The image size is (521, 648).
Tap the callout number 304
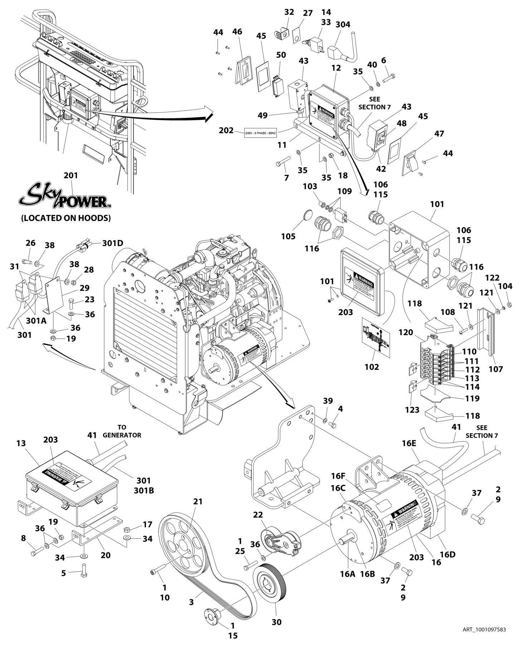point(343,24)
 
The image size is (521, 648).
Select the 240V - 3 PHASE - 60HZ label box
point(260,133)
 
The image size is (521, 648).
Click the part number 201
point(70,176)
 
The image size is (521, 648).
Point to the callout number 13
point(21,443)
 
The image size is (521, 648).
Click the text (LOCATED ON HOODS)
point(65,217)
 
